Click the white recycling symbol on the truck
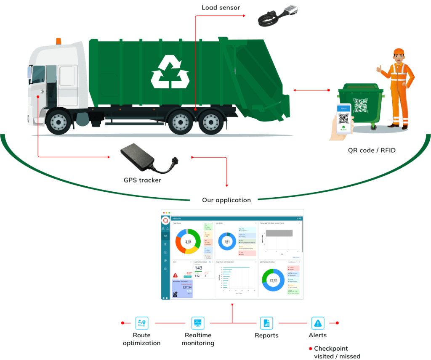point(170,72)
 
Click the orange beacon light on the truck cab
point(58,41)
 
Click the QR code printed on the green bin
point(360,105)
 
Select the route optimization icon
point(142,323)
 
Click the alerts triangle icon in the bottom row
point(317,323)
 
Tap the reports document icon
point(266,323)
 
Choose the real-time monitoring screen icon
point(197,323)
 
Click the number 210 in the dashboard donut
point(188,242)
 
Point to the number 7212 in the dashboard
point(273,280)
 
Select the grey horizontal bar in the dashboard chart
point(278,233)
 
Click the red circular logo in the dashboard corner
point(166,220)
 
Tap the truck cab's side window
point(38,74)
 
